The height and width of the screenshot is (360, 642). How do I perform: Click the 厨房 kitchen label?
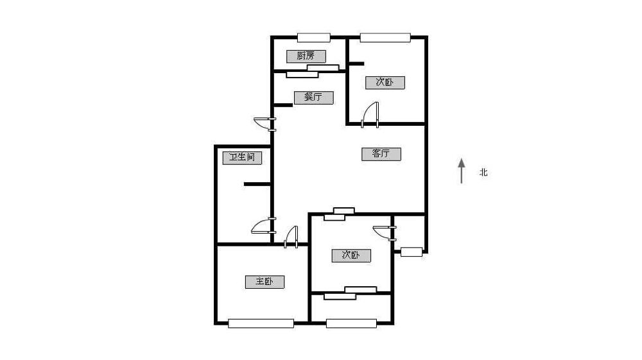pyautogui.click(x=306, y=56)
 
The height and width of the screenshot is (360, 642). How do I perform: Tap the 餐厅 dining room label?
pyautogui.click(x=313, y=98)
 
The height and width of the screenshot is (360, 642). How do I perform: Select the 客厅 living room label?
pyautogui.click(x=381, y=154)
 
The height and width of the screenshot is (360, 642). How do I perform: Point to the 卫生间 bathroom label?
pyautogui.click(x=242, y=158)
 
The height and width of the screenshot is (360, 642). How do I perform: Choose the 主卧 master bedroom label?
pyautogui.click(x=265, y=282)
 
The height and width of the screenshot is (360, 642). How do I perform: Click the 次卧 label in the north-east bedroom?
pyautogui.click(x=385, y=82)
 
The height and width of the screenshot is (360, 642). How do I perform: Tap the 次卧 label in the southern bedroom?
pyautogui.click(x=351, y=255)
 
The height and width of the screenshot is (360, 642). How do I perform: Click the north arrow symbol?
pyautogui.click(x=462, y=171)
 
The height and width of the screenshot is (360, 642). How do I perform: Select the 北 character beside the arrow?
pyautogui.click(x=483, y=172)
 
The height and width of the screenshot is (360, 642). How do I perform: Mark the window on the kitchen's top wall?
pyautogui.click(x=314, y=38)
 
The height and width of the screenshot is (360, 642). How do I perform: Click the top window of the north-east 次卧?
pyautogui.click(x=385, y=38)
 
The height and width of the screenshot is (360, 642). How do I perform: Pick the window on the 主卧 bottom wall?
pyautogui.click(x=261, y=323)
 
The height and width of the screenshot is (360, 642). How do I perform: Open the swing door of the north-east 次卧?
pyautogui.click(x=370, y=115)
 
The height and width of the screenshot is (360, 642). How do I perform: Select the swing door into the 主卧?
pyautogui.click(x=291, y=237)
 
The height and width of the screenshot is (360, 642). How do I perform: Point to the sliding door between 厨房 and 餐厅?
pyautogui.click(x=313, y=71)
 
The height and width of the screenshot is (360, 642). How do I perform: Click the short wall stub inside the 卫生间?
pyautogui.click(x=257, y=184)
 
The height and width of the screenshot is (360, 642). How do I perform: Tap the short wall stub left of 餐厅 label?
pyautogui.click(x=282, y=105)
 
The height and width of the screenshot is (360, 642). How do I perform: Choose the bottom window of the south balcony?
pyautogui.click(x=351, y=323)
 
